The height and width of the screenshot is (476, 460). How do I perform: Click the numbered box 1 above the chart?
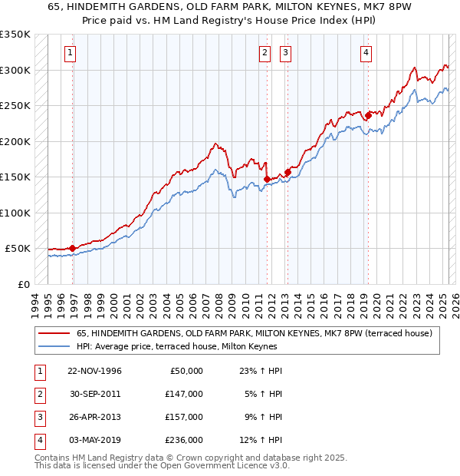tap(70, 53)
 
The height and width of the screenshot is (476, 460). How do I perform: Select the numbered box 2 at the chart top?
tap(264, 53)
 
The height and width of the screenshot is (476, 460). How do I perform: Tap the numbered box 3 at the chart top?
tap(285, 53)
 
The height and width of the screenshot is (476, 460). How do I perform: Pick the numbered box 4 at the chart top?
tap(366, 53)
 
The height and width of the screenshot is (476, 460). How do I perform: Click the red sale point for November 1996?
tap(72, 248)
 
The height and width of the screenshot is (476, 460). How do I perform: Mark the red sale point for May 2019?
tap(367, 116)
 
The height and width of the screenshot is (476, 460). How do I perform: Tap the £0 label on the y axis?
tap(22, 284)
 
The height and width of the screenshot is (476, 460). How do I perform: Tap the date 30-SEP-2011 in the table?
tap(94, 394)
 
